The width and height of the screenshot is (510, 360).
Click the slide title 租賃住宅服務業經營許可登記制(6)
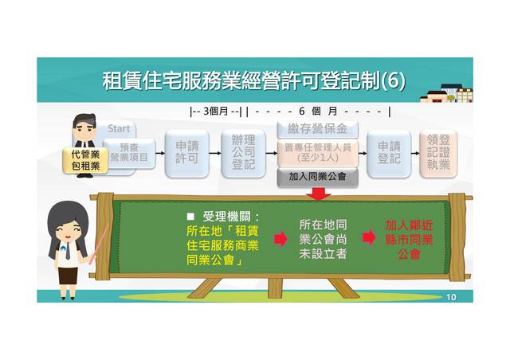(x=253, y=81)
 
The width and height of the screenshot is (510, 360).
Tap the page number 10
(x=451, y=297)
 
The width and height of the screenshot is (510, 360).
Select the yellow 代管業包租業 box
(x=85, y=160)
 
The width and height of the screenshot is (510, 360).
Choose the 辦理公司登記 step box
(x=242, y=153)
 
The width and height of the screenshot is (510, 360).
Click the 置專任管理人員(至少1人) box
(x=317, y=152)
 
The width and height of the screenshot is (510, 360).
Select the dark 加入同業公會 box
(x=317, y=177)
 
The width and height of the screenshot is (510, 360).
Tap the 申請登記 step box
(x=388, y=153)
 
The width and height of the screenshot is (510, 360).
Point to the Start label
(x=119, y=128)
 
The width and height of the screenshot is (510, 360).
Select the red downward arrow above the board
(x=318, y=194)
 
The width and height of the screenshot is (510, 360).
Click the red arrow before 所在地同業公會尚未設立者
(x=280, y=238)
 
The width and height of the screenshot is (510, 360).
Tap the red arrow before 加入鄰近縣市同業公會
(x=369, y=237)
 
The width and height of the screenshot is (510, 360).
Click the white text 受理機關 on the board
(x=231, y=216)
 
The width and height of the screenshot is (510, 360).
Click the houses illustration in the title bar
(x=447, y=93)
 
